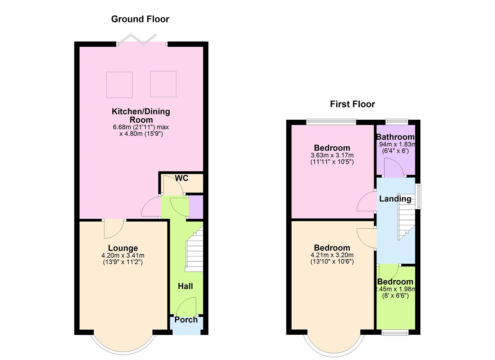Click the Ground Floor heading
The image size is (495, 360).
pyautogui.click(x=140, y=19)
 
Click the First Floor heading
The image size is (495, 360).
pyautogui.click(x=352, y=104)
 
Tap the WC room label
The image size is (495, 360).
pyautogui.click(x=182, y=178)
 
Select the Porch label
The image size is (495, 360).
pyautogui.click(x=186, y=320)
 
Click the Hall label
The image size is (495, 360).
pyautogui.click(x=185, y=286)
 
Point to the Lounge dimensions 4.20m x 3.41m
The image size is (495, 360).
pyautogui.click(x=123, y=255)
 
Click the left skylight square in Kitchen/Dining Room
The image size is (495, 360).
pyautogui.click(x=119, y=85)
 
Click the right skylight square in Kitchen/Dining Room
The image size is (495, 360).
pyautogui.click(x=163, y=84)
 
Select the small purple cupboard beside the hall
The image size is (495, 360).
pyautogui.click(x=196, y=207)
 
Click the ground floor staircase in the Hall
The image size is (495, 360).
pyautogui.click(x=194, y=248)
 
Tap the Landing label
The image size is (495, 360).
pyautogui.click(x=395, y=199)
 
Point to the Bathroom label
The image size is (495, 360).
pyautogui.click(x=395, y=137)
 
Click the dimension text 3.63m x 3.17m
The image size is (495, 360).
pyautogui.click(x=332, y=155)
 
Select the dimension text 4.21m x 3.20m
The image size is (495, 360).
pyautogui.click(x=332, y=255)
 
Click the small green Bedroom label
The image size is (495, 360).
pyautogui.click(x=395, y=282)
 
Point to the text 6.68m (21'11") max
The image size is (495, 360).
pyautogui.click(x=141, y=127)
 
